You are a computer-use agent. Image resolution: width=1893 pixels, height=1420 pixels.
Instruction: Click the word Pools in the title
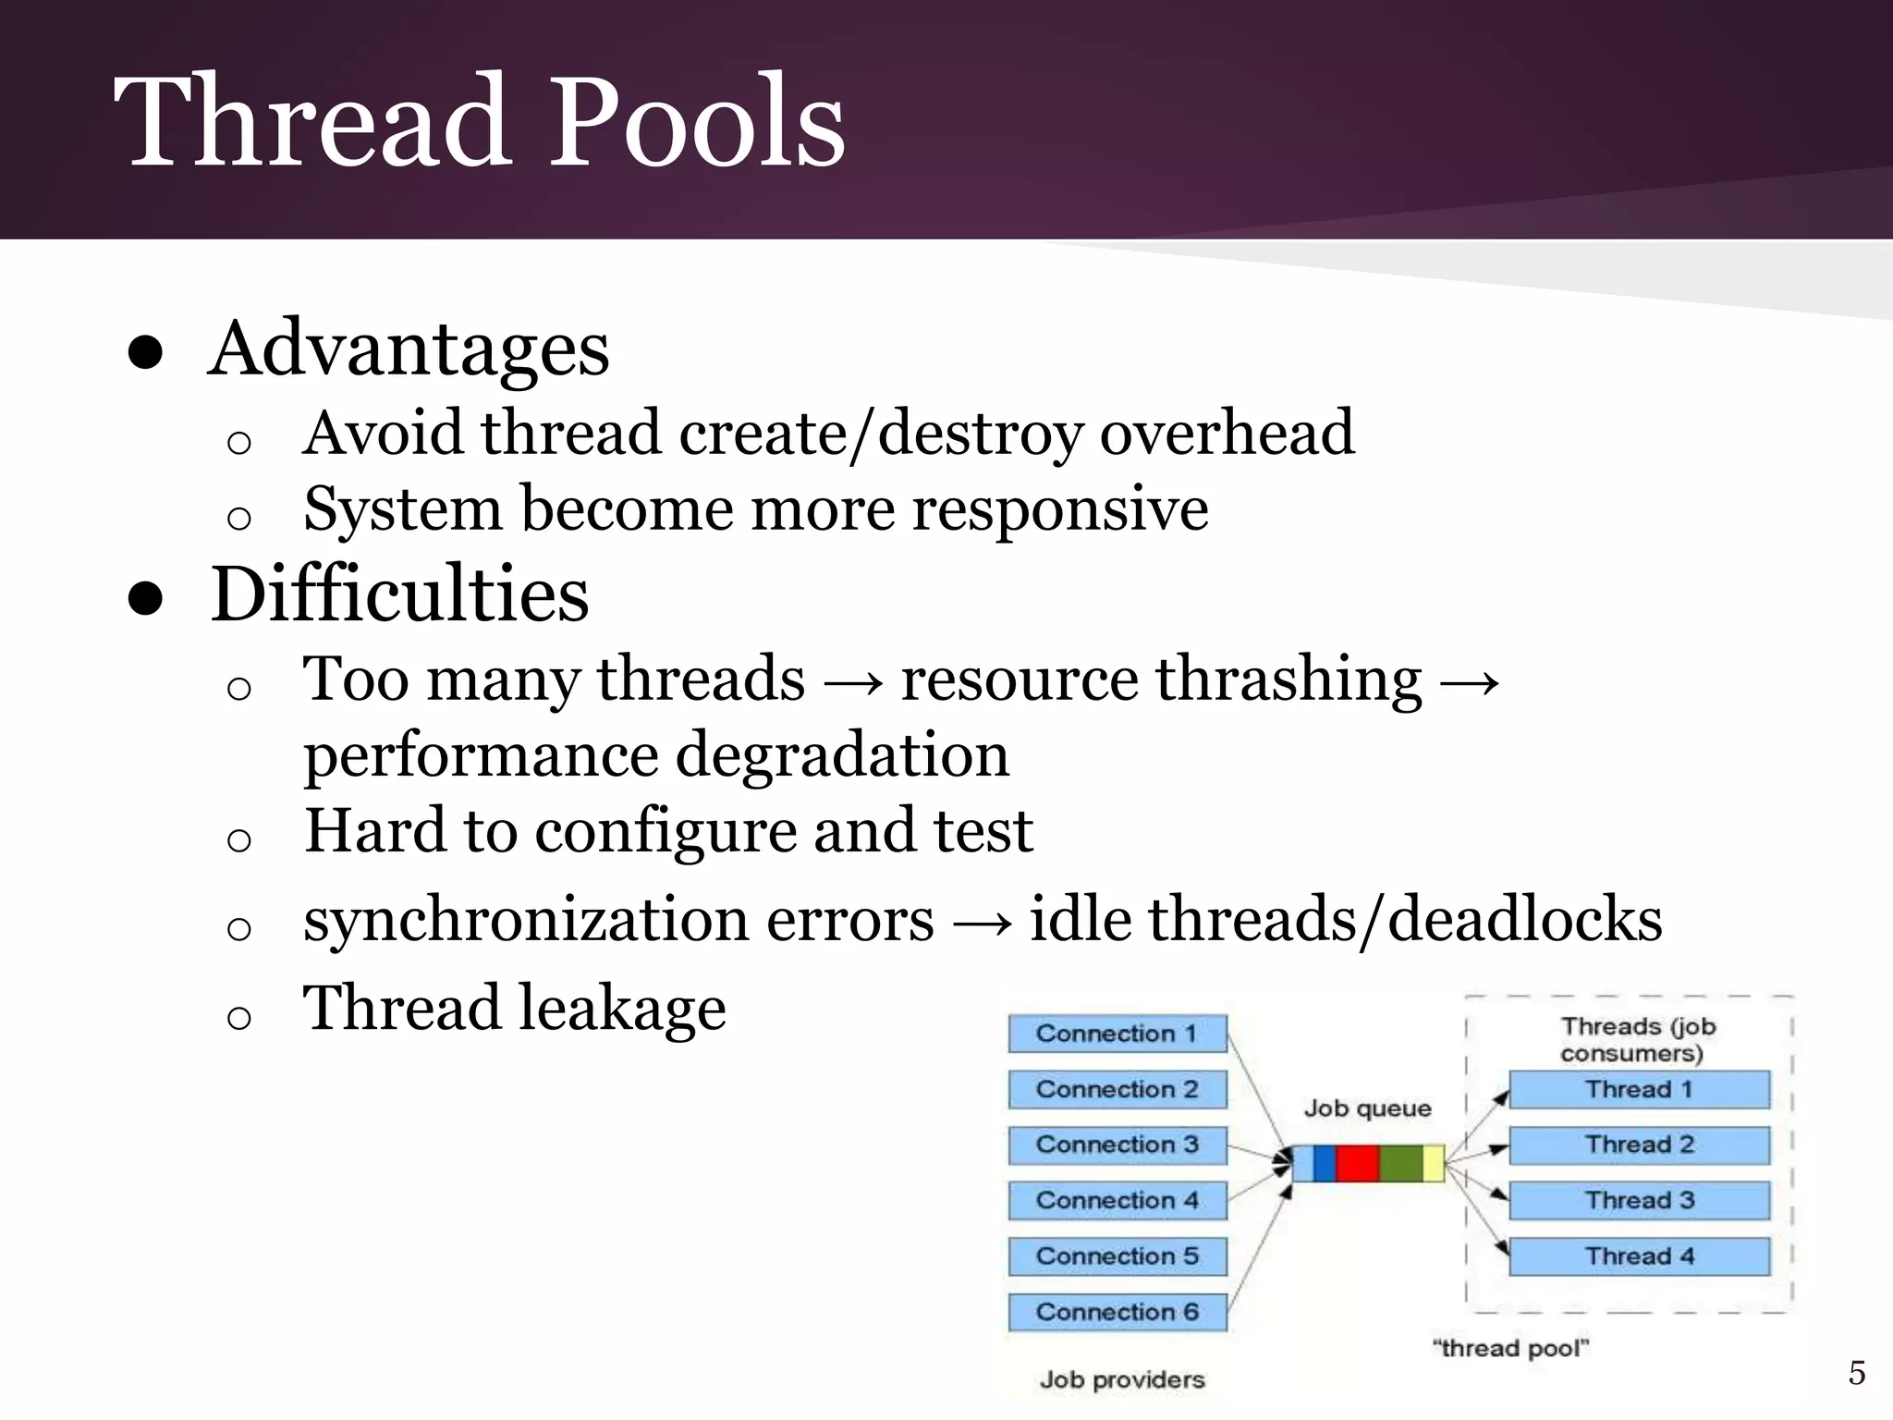(x=698, y=122)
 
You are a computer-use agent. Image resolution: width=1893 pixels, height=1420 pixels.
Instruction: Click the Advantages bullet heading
(x=409, y=349)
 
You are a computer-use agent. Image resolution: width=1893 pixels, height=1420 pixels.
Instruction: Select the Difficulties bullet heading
(x=399, y=594)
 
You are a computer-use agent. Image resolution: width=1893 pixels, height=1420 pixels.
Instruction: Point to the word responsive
(x=1060, y=509)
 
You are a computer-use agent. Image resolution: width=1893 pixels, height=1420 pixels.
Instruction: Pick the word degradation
(x=842, y=754)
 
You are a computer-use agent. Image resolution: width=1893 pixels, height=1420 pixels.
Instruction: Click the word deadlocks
(x=1525, y=919)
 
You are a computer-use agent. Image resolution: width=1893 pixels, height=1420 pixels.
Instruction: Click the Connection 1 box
(x=1117, y=1034)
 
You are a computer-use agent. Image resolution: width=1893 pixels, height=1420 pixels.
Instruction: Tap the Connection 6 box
(x=1117, y=1312)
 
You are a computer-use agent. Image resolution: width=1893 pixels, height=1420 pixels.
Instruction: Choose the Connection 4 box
(x=1117, y=1200)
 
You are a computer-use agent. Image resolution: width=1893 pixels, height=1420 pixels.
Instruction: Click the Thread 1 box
(x=1639, y=1089)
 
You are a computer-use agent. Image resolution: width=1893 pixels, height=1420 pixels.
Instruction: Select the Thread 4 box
(x=1639, y=1256)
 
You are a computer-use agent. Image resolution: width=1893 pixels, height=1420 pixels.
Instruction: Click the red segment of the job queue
(x=1357, y=1163)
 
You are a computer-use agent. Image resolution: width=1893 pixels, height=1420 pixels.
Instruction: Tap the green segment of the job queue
(x=1401, y=1163)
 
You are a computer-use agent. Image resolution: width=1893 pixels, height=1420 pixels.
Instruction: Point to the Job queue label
(x=1367, y=1108)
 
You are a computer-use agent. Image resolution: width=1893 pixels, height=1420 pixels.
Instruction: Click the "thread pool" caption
(x=1510, y=1348)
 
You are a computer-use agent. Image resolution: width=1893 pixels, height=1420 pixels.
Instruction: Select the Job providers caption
(x=1122, y=1380)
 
